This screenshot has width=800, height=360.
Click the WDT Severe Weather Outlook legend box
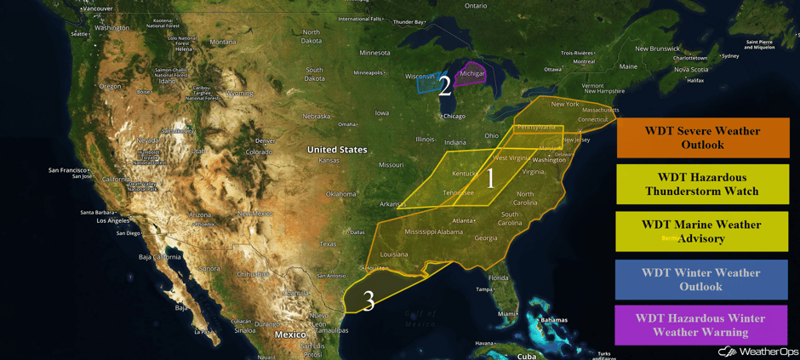click(x=702, y=138)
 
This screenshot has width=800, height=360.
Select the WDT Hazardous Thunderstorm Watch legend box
click(x=702, y=184)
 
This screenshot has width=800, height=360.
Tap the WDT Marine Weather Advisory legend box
click(x=702, y=231)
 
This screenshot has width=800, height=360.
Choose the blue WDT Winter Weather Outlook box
click(x=702, y=279)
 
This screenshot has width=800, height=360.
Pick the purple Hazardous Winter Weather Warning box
click(x=702, y=325)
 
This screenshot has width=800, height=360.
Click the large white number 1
click(x=490, y=179)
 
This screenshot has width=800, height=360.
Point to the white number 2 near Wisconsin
click(x=444, y=86)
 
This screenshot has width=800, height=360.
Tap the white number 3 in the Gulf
click(x=369, y=300)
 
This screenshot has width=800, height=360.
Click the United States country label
click(x=337, y=150)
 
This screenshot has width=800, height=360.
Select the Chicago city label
click(x=454, y=117)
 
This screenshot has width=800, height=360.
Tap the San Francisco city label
click(x=67, y=169)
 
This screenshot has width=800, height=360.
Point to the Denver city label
click(x=266, y=140)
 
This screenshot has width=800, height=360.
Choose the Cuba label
click(x=527, y=356)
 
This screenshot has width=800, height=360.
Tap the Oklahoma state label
click(x=340, y=194)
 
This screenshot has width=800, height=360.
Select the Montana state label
click(x=222, y=42)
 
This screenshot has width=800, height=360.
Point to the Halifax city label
click(x=694, y=80)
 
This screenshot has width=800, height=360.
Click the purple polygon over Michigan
click(x=471, y=73)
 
